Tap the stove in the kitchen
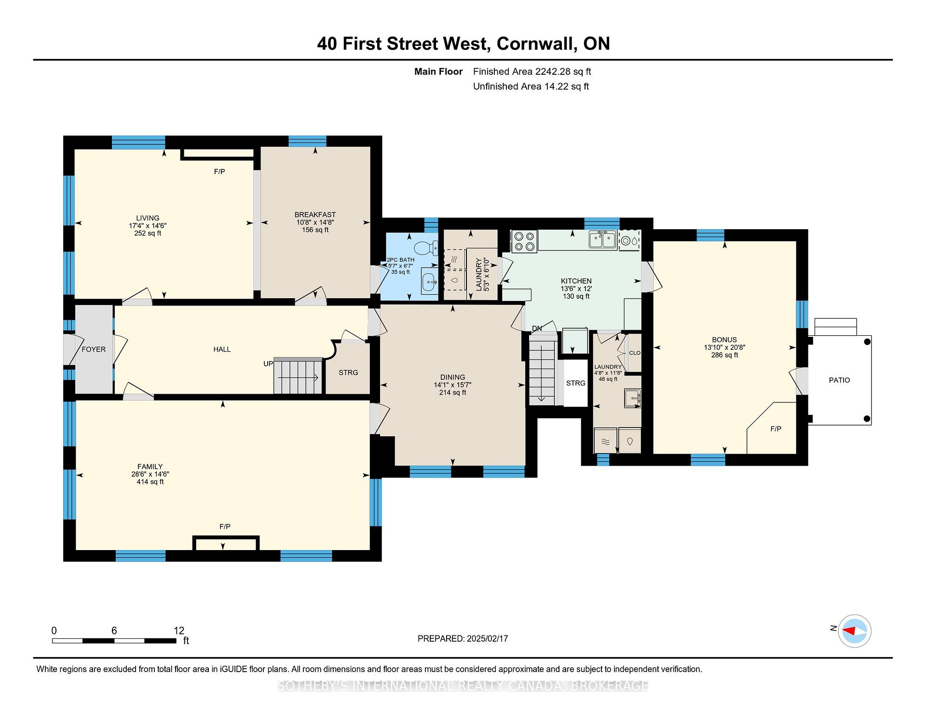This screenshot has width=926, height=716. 524,241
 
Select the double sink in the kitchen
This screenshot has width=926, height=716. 602,239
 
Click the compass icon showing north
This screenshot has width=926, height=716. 855,631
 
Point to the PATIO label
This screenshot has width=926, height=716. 839,380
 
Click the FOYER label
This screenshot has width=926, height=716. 94,349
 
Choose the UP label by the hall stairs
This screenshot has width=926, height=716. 268,364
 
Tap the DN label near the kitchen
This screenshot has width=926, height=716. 537,329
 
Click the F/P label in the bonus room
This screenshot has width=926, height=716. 776,429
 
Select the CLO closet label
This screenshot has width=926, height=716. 635,353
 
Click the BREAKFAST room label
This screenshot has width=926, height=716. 315,215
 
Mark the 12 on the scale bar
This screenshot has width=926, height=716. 179,631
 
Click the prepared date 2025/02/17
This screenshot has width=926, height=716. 487,638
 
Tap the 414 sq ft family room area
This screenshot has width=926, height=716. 150,482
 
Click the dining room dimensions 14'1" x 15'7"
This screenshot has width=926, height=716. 452,385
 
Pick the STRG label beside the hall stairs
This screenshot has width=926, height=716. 348,372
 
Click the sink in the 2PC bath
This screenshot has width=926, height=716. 429,282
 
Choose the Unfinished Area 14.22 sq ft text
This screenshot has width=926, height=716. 531,87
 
